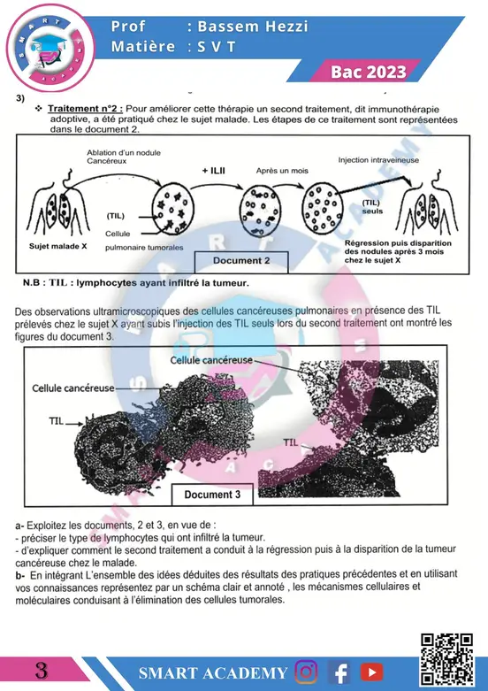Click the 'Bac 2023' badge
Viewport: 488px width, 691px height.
click(x=368, y=72)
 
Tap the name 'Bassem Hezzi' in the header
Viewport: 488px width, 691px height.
click(x=252, y=27)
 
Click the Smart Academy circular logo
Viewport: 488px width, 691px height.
click(x=50, y=48)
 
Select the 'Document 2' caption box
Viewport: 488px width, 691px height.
click(x=241, y=262)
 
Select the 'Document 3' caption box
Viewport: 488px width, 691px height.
click(x=212, y=495)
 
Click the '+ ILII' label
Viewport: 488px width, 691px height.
click(x=214, y=171)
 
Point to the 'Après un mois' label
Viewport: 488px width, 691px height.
click(x=282, y=171)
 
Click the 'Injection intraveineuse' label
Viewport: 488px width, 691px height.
click(x=378, y=160)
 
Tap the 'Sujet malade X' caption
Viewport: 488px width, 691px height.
click(x=57, y=246)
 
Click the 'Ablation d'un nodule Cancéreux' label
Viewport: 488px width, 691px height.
click(x=123, y=157)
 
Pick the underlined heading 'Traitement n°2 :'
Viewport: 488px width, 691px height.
click(x=86, y=109)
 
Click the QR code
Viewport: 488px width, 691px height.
click(x=446, y=659)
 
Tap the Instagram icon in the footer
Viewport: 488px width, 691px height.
click(x=306, y=672)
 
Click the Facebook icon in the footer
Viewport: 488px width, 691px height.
click(x=339, y=672)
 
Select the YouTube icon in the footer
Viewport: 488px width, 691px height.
click(x=371, y=672)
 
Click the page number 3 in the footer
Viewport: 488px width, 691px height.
click(x=41, y=672)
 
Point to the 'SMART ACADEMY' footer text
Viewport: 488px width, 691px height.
click(x=213, y=673)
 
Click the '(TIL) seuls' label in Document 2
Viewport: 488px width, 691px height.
click(x=371, y=207)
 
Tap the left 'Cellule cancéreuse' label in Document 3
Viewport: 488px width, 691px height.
click(x=73, y=388)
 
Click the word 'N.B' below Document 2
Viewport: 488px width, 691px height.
click(x=31, y=283)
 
